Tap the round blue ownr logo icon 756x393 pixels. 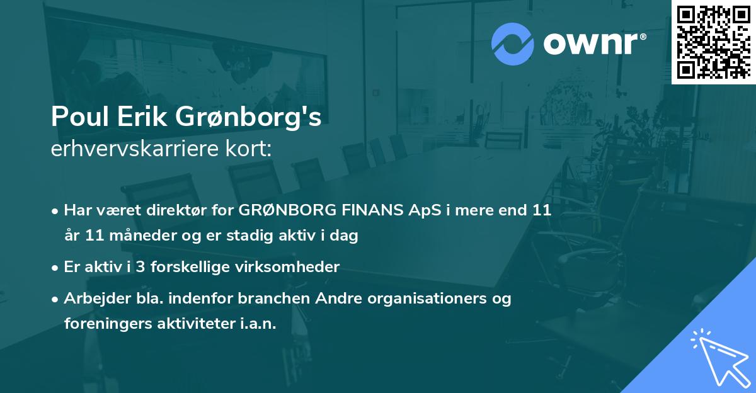(512, 44)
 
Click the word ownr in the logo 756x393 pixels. (591, 44)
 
